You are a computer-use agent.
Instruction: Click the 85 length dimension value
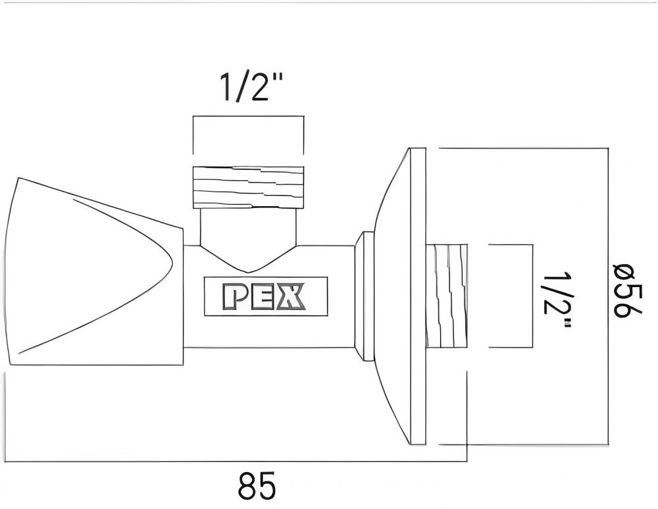[257, 487]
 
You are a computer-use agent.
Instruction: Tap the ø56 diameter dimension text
[626, 290]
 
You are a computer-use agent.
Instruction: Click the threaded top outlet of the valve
[249, 187]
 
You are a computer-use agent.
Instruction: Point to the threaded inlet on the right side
[447, 296]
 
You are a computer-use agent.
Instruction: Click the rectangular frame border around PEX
[265, 277]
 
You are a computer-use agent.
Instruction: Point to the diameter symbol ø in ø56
[626, 271]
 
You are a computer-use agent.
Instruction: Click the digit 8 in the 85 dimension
[246, 487]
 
